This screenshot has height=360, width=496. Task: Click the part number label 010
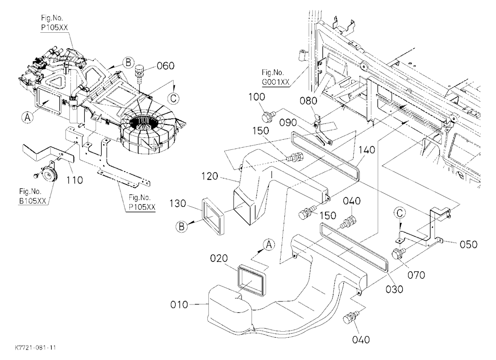179,304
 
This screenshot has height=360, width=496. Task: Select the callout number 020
219,258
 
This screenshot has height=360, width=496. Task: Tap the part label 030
394,289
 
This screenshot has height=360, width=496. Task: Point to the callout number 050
469,244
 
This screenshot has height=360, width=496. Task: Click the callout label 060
166,66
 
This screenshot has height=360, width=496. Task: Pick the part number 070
416,275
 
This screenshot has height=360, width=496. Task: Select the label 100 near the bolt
256,97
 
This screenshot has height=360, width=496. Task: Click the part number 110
74,180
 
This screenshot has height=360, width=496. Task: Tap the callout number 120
210,176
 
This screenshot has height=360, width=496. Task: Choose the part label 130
178,203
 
